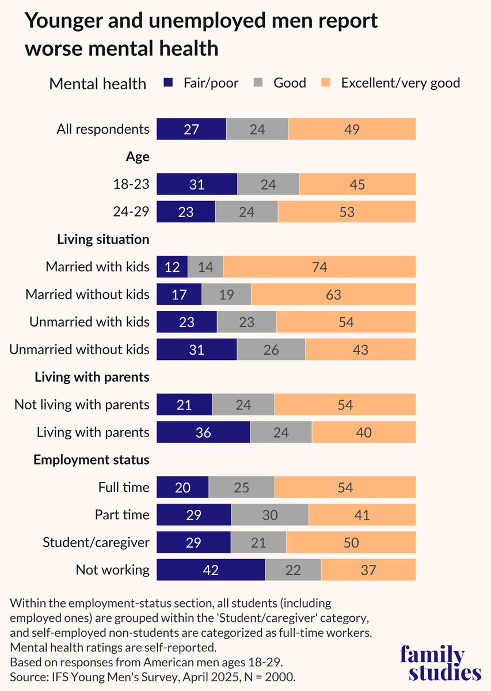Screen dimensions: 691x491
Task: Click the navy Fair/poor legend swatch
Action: (x=168, y=83)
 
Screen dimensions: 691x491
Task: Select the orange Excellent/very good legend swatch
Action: (x=326, y=83)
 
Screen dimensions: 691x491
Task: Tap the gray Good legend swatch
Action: (x=258, y=83)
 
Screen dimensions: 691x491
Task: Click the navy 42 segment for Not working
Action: (x=211, y=570)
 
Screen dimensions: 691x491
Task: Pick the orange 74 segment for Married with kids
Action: (x=319, y=267)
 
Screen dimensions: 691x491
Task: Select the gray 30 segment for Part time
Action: (x=269, y=515)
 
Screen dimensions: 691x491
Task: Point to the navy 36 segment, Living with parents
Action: (x=203, y=432)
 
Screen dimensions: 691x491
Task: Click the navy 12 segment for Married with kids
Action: (x=172, y=267)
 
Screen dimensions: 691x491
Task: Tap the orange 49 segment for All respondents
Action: (x=352, y=129)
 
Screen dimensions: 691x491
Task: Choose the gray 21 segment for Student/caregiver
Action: (x=258, y=542)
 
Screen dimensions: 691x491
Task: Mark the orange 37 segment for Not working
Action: (x=368, y=570)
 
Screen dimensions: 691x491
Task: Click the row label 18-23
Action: (x=132, y=184)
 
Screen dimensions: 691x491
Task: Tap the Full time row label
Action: (x=124, y=488)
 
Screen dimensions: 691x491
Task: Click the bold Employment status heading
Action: (x=92, y=460)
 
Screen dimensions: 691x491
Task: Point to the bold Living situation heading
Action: (x=103, y=239)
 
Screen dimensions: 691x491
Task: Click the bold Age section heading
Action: (x=138, y=157)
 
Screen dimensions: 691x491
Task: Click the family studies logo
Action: (x=440, y=663)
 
